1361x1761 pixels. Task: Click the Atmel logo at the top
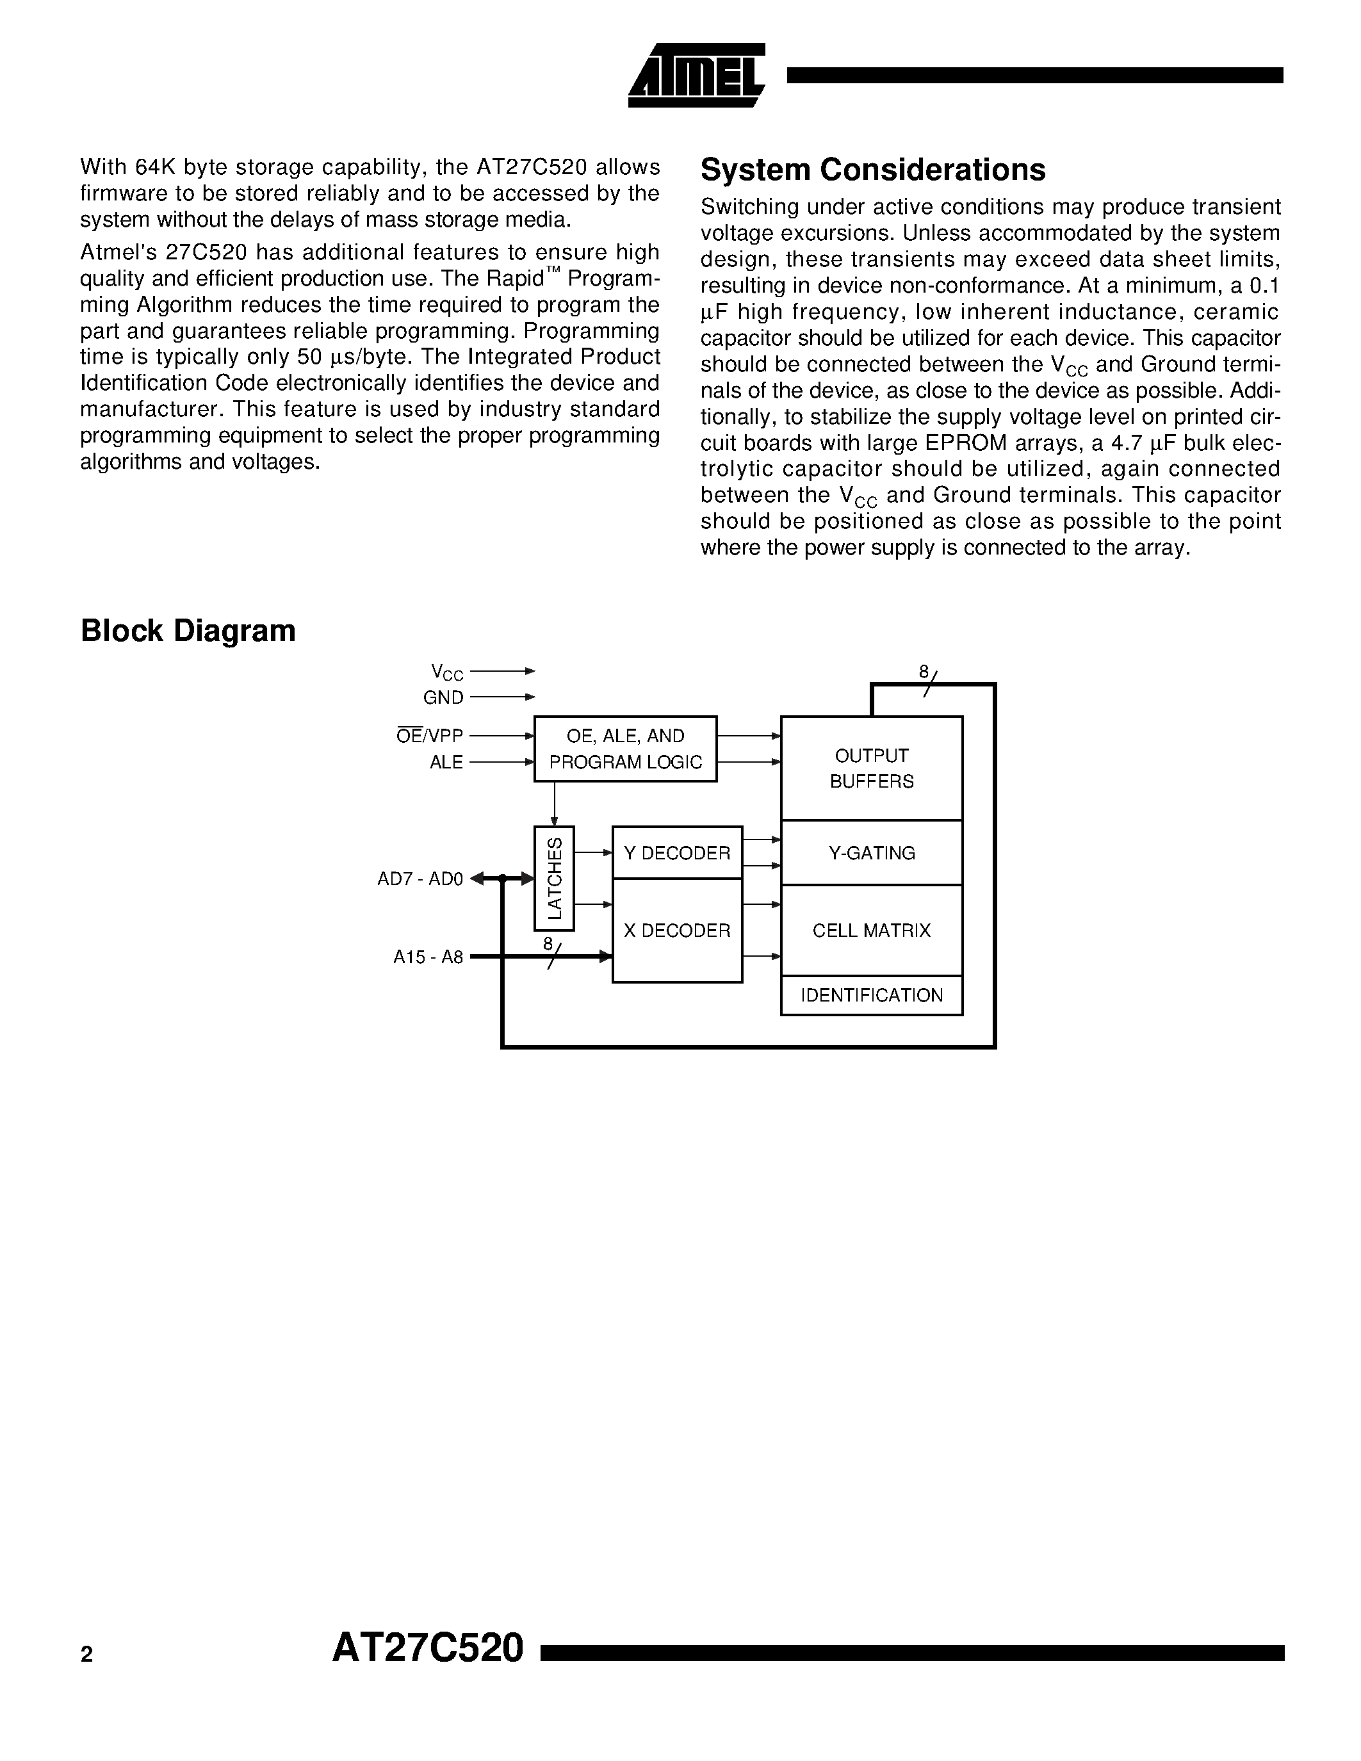tap(696, 76)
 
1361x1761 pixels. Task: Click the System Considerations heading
tap(872, 170)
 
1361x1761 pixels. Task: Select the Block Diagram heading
tap(188, 631)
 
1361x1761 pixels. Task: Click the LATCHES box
tap(554, 878)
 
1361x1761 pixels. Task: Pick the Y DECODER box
tap(676, 852)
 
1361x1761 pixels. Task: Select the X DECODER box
tap(676, 930)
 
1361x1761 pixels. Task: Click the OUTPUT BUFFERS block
tap(871, 768)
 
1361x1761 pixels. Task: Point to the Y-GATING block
tap(871, 852)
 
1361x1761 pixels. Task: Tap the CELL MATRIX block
tap(871, 930)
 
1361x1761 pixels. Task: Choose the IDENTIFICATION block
tap(871, 995)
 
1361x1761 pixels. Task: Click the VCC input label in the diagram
tap(446, 672)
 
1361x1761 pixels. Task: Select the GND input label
tap(443, 697)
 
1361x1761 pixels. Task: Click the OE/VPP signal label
tap(430, 735)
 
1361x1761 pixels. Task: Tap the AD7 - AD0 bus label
tap(420, 879)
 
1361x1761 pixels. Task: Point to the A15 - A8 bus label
tap(428, 957)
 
